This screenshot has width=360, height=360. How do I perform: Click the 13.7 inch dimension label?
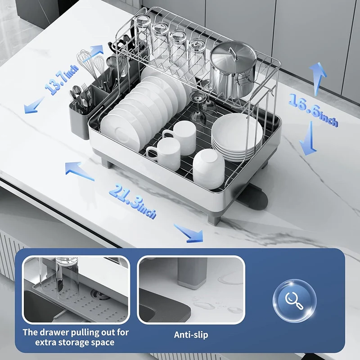point(62,79)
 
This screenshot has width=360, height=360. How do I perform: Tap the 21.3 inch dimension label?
point(133,201)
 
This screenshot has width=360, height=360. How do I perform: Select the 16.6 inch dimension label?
point(313,110)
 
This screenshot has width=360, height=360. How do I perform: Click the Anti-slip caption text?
point(191,334)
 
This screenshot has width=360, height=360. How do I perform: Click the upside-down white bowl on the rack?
point(208,168)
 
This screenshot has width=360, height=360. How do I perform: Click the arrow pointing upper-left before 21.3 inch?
point(79,171)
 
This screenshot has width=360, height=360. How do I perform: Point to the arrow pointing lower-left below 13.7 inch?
point(34,105)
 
